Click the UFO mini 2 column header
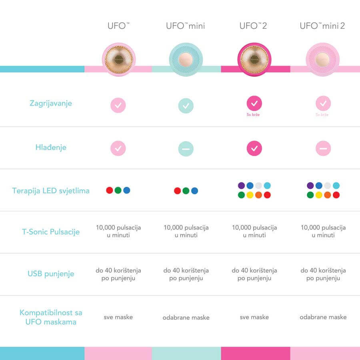click(322, 26)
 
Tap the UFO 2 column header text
click(253, 26)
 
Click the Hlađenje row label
click(51, 147)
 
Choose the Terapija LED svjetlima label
click(51, 190)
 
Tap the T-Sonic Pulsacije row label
click(51, 232)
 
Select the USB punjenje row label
click(51, 274)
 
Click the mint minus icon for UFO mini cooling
click(186, 149)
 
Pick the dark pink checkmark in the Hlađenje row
click(254, 148)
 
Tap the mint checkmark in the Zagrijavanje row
click(186, 106)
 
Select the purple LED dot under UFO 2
click(241, 186)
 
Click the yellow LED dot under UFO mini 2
click(319, 195)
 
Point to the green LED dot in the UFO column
click(118, 190)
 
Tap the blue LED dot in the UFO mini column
click(194, 191)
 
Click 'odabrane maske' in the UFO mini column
click(186, 318)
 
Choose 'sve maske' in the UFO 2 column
click(254, 317)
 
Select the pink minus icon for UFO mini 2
click(323, 149)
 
